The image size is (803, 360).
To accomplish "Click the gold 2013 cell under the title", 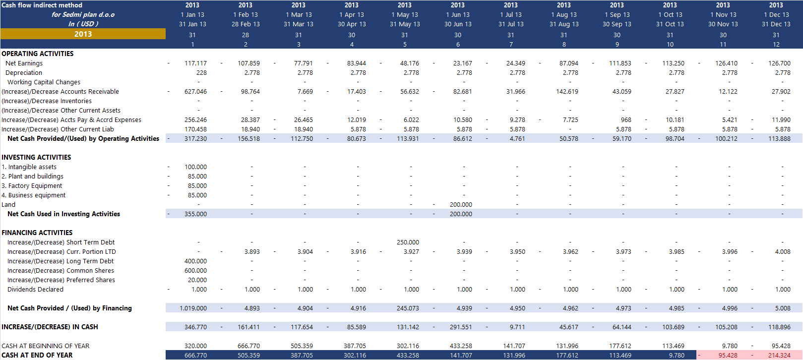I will click(x=83, y=34).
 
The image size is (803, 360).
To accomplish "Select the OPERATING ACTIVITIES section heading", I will click(x=38, y=54).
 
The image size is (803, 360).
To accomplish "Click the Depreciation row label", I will click(x=24, y=73).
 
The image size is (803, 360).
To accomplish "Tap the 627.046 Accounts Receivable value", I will click(x=195, y=92).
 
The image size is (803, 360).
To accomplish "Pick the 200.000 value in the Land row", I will click(x=461, y=205).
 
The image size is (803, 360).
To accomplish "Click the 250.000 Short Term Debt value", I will click(x=408, y=242).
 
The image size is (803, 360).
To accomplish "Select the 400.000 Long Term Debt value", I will click(x=195, y=261).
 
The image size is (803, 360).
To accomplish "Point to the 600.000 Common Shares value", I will click(x=195, y=271).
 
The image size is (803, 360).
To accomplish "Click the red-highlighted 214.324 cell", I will click(x=779, y=356).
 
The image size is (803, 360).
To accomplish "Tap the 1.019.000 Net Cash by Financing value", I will click(x=193, y=308).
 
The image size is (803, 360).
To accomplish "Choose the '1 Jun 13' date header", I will click(x=458, y=15).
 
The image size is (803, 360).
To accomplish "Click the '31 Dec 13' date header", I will click(x=776, y=24).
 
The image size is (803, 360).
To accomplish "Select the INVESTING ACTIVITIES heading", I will click(x=36, y=157).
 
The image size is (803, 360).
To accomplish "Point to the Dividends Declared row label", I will click(x=35, y=290).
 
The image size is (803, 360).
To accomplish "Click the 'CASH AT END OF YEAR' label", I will click(x=37, y=356).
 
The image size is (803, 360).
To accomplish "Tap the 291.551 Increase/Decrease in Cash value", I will click(x=461, y=327).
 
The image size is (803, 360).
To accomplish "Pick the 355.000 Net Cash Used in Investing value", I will click(x=195, y=214).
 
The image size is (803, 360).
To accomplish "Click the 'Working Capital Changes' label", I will click(x=44, y=82).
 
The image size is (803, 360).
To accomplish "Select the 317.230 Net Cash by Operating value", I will click(x=195, y=139).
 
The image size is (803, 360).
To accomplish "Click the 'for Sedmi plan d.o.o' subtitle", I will click(x=83, y=15).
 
